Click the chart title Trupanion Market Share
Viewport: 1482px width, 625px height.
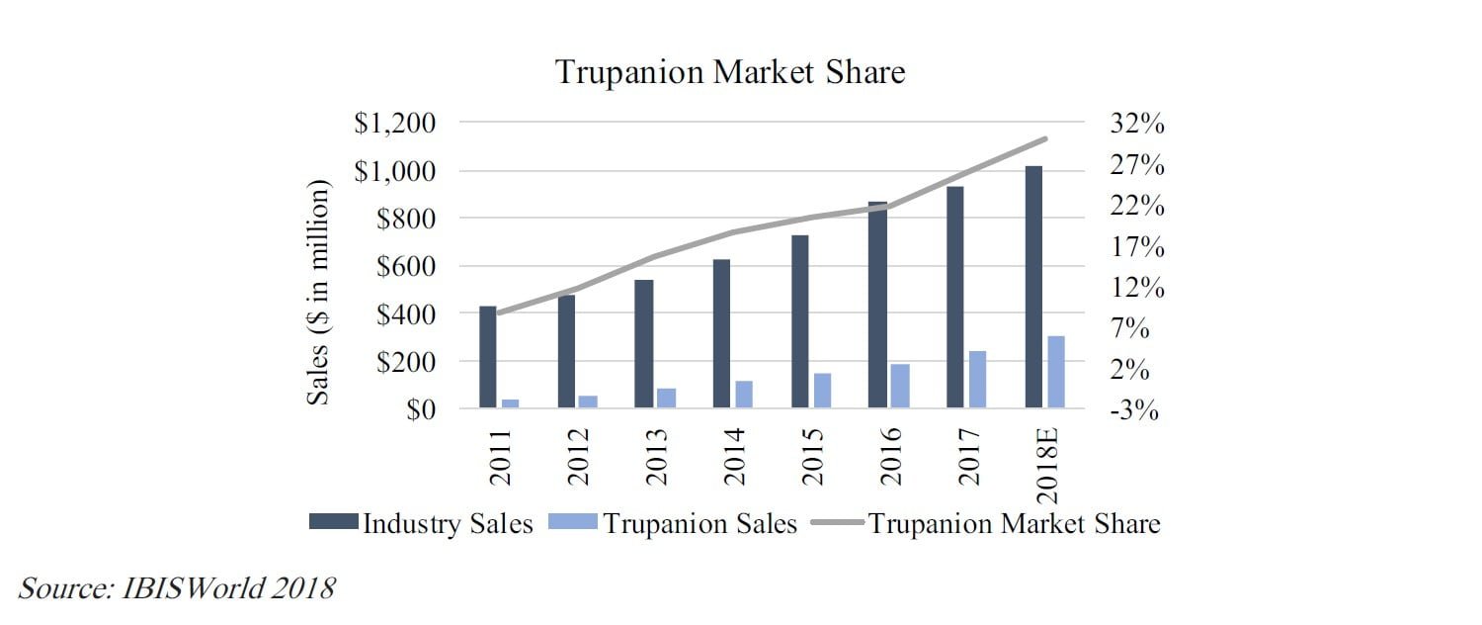click(x=730, y=72)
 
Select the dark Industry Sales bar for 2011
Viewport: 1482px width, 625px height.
click(x=488, y=357)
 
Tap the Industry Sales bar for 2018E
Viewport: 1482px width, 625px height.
click(x=1033, y=287)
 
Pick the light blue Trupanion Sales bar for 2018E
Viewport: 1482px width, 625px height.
click(x=1056, y=372)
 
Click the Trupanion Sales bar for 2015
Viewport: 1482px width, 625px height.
click(x=822, y=390)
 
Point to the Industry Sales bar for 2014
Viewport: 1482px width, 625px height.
click(x=721, y=333)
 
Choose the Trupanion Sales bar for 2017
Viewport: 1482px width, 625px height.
click(x=977, y=379)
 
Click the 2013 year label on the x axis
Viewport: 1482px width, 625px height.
click(x=657, y=456)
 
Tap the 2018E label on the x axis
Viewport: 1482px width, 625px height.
click(x=1049, y=465)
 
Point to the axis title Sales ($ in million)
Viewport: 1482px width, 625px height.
click(x=318, y=292)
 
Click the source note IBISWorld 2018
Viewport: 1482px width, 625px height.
click(x=177, y=589)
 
